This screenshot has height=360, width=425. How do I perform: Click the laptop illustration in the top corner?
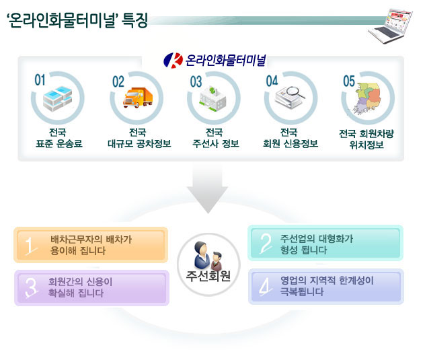[x=391, y=26]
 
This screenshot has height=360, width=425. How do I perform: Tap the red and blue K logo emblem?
[x=173, y=61]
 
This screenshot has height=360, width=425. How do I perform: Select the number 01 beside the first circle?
[x=40, y=80]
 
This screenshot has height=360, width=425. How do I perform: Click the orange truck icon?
[x=138, y=98]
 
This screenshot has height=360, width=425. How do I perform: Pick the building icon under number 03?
[x=213, y=99]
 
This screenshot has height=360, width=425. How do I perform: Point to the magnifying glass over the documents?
[x=295, y=92]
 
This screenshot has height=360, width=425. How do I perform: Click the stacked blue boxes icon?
[x=57, y=99]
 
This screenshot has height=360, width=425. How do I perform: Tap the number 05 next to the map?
[x=348, y=81]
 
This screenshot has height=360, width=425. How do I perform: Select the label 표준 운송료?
[x=59, y=143]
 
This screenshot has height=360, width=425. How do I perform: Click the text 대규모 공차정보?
[x=139, y=143]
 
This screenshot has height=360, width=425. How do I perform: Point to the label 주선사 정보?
[x=216, y=143]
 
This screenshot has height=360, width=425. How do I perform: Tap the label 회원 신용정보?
[x=291, y=143]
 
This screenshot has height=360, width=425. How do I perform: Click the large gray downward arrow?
[x=208, y=189]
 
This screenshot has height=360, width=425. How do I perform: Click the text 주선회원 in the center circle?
[x=208, y=276]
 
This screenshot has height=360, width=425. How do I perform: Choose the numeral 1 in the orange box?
[x=30, y=246]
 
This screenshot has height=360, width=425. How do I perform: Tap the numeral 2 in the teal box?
[x=266, y=244]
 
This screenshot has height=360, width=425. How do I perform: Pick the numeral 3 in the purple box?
[x=31, y=287]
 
